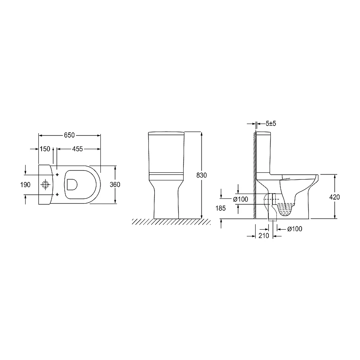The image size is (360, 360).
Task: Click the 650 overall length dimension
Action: [x=69, y=135]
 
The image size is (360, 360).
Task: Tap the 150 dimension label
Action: [x=45, y=149]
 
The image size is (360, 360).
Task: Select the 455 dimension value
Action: [x=77, y=149]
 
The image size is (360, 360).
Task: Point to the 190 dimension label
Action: [x=25, y=184]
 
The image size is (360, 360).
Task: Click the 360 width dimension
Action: [x=115, y=184]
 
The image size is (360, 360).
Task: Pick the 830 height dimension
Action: [x=202, y=175]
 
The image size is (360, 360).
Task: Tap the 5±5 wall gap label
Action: [x=271, y=124]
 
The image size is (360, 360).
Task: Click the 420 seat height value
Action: [x=334, y=197]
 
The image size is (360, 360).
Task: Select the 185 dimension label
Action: [x=220, y=208]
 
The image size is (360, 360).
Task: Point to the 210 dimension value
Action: [x=264, y=236]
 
